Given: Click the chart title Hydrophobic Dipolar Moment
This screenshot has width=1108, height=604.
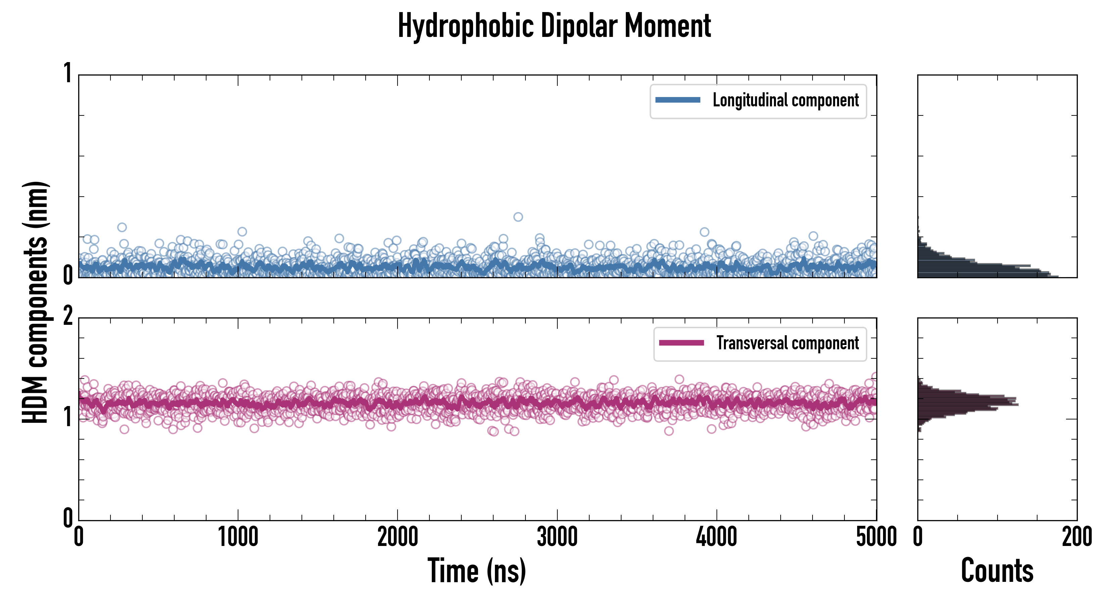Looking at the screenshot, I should click(x=554, y=26).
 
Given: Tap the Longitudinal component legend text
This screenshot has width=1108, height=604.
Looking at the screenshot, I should click(x=785, y=100).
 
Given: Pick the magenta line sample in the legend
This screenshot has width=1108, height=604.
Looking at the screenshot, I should click(x=681, y=343).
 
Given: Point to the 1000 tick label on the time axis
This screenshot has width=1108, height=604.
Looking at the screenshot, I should click(x=238, y=537).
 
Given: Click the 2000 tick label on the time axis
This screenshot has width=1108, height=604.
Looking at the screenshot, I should click(x=398, y=537).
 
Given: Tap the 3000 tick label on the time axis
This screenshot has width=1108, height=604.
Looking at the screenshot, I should click(x=557, y=537).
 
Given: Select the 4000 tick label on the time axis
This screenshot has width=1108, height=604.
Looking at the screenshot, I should click(x=717, y=537).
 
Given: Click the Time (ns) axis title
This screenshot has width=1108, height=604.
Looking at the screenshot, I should click(x=476, y=571).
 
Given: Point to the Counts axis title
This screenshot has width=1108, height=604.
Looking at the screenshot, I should click(x=997, y=571).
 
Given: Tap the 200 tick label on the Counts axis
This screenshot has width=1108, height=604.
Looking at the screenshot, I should click(x=1076, y=537).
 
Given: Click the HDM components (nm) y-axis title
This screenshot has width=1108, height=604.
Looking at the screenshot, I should click(x=35, y=302).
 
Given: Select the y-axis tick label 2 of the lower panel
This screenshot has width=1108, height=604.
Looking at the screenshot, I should click(x=68, y=317).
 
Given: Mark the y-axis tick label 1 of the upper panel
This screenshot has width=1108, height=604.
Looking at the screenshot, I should click(x=68, y=73).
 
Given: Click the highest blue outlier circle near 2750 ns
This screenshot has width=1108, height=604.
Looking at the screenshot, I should click(x=518, y=217).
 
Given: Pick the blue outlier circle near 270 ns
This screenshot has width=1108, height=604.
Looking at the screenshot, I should click(x=122, y=227).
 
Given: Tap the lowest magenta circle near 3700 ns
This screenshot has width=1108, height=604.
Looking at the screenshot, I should click(x=668, y=431).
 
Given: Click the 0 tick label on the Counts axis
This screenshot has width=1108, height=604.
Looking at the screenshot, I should click(x=918, y=537).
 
